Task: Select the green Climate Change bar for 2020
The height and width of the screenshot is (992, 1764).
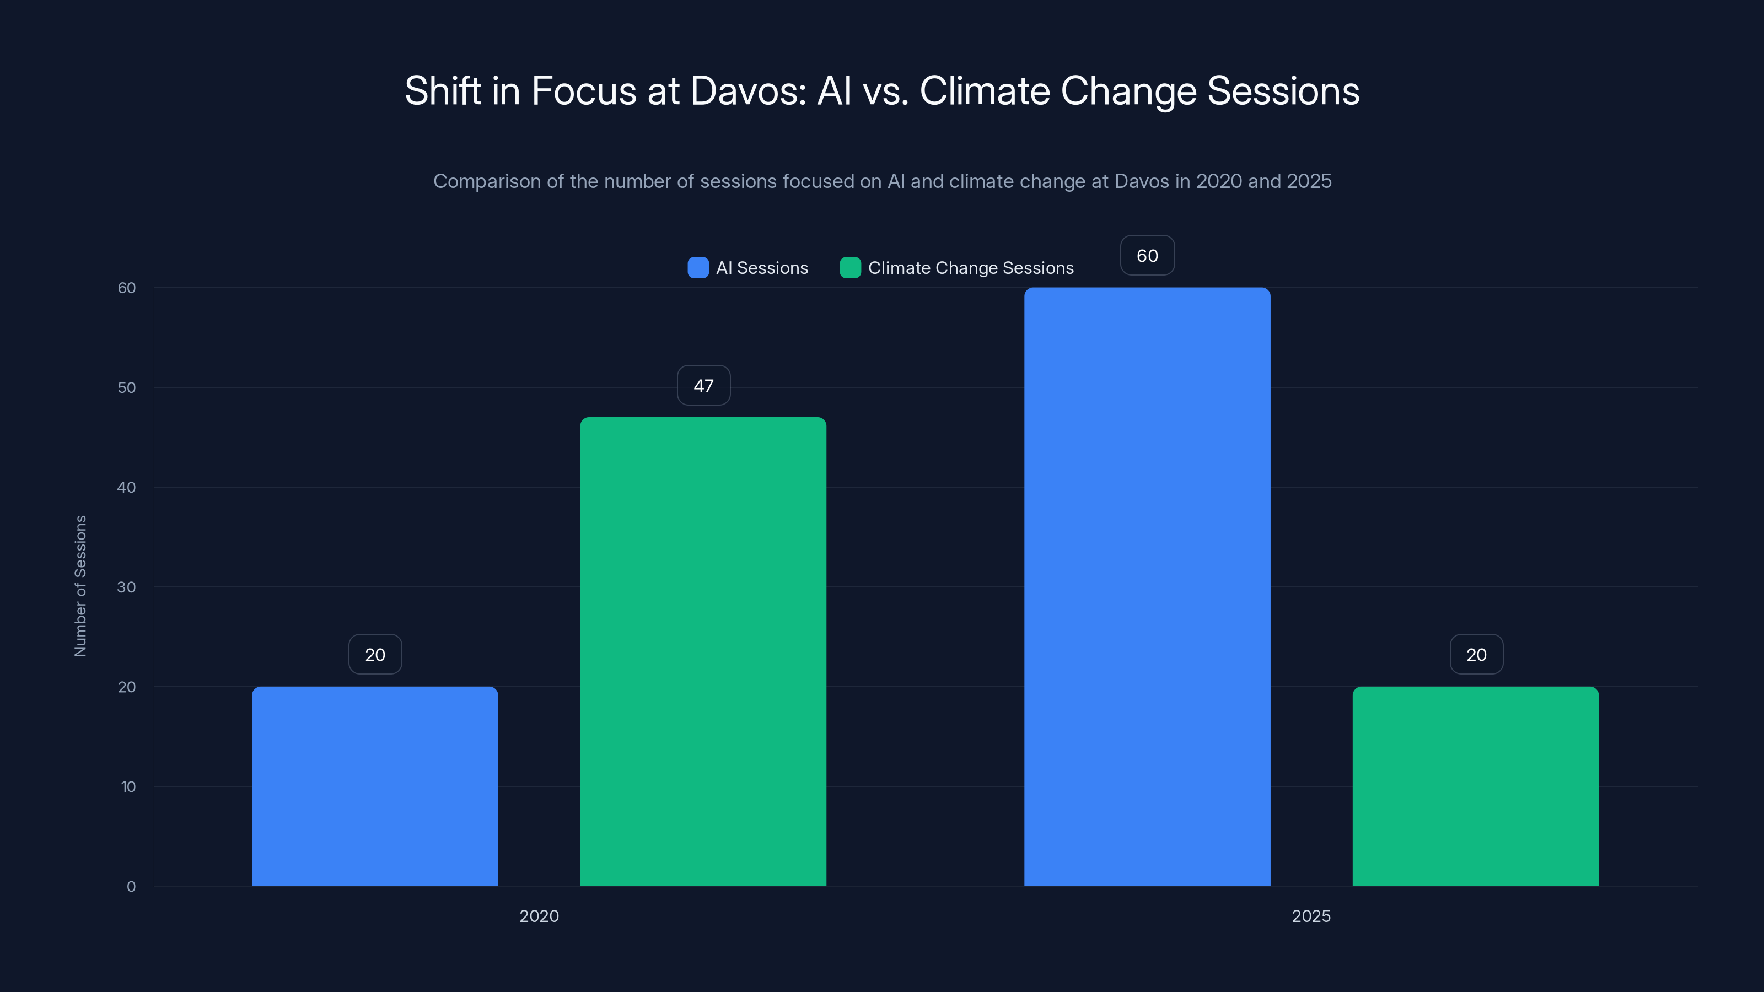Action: (703, 651)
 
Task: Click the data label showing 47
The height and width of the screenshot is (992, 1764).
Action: (703, 385)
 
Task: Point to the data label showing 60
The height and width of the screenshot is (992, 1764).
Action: (1147, 255)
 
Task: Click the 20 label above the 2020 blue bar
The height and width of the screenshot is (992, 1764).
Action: (375, 655)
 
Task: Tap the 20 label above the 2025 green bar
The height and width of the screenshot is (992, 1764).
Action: (1476, 655)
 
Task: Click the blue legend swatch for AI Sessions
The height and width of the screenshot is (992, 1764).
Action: (698, 268)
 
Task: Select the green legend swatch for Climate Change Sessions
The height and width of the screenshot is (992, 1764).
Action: (850, 268)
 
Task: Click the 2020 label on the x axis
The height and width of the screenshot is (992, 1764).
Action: (539, 916)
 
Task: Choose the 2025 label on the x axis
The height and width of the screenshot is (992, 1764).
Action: (1311, 916)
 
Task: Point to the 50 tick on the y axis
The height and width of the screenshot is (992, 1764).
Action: (127, 387)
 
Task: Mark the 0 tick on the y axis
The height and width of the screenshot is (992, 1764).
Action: (131, 887)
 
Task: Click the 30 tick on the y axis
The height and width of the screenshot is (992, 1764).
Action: (127, 587)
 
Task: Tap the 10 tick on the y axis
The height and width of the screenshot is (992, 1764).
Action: (128, 786)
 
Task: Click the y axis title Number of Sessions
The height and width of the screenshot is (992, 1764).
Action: (80, 586)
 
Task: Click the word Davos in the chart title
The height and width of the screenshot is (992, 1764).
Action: (748, 91)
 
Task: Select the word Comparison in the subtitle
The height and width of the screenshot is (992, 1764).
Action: (487, 181)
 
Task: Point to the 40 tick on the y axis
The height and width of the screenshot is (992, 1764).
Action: (127, 487)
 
